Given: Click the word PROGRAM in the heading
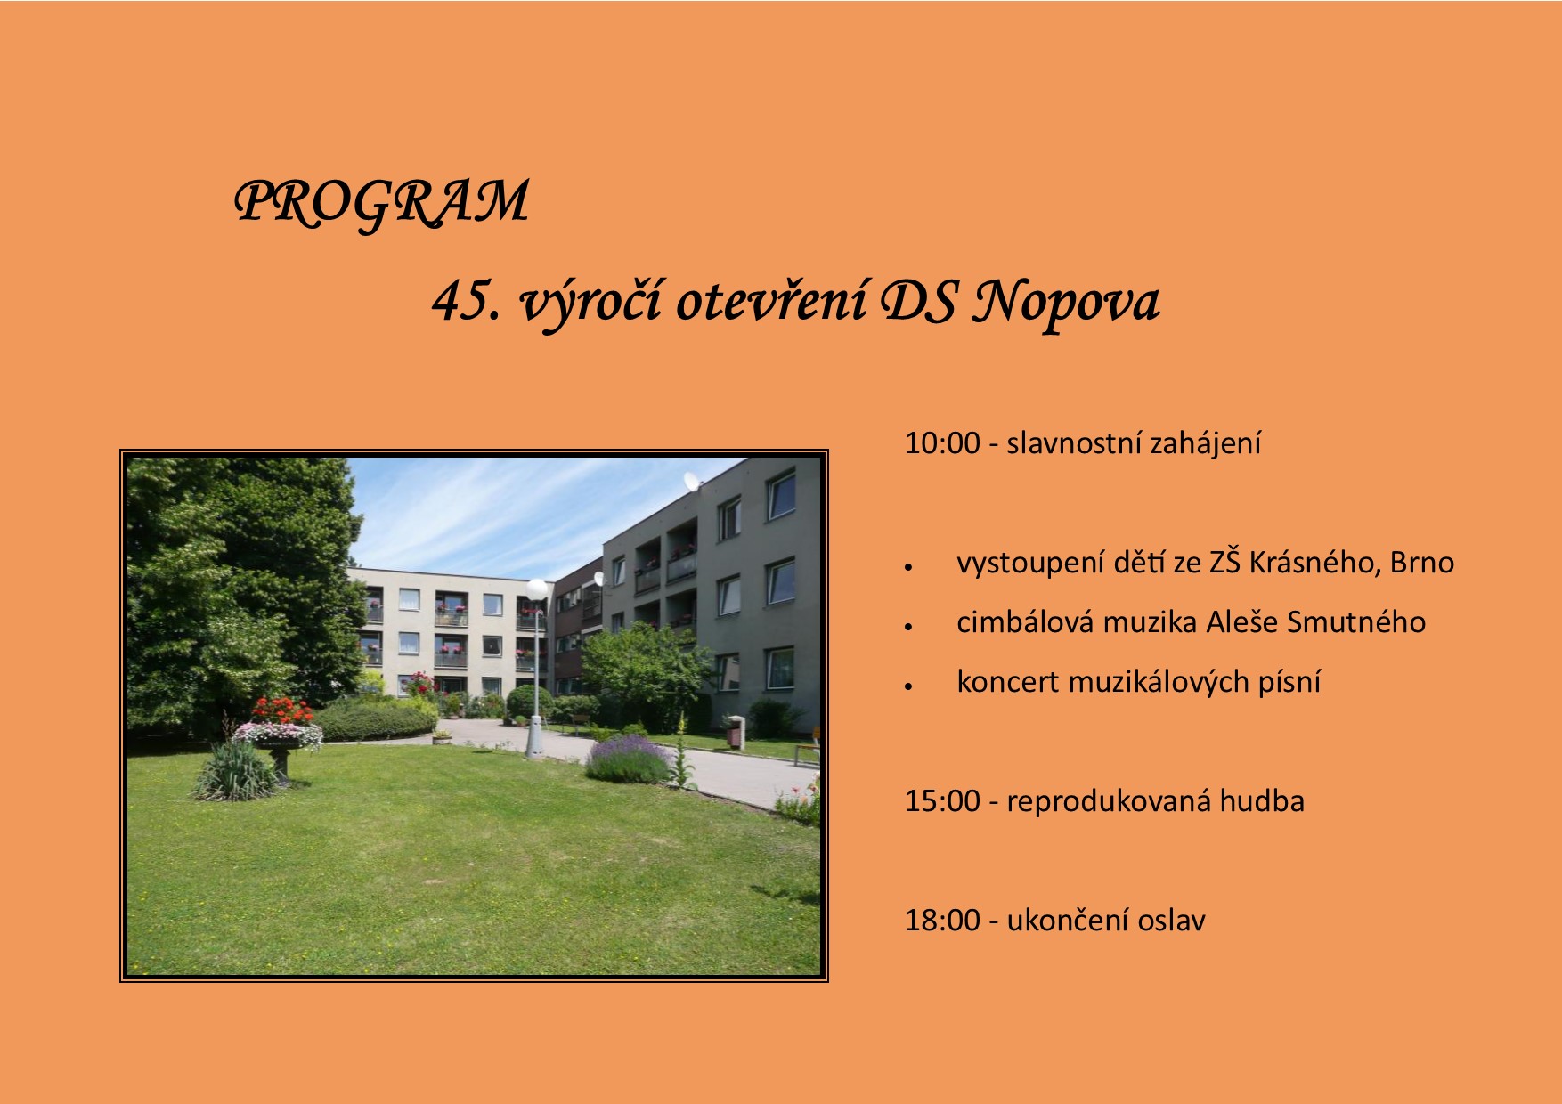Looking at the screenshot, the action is (x=381, y=202).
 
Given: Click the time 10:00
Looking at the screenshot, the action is (x=942, y=443).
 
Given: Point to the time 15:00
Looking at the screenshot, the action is (x=942, y=801).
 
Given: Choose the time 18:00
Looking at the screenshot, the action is (x=942, y=921).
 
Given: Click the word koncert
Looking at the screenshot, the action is (x=1008, y=682).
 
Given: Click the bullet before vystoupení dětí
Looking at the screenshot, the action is (x=908, y=566).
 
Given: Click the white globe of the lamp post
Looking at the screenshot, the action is (x=537, y=589).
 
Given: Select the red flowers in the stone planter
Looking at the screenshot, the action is (x=282, y=711).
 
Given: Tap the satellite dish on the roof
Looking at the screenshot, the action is (x=691, y=483).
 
